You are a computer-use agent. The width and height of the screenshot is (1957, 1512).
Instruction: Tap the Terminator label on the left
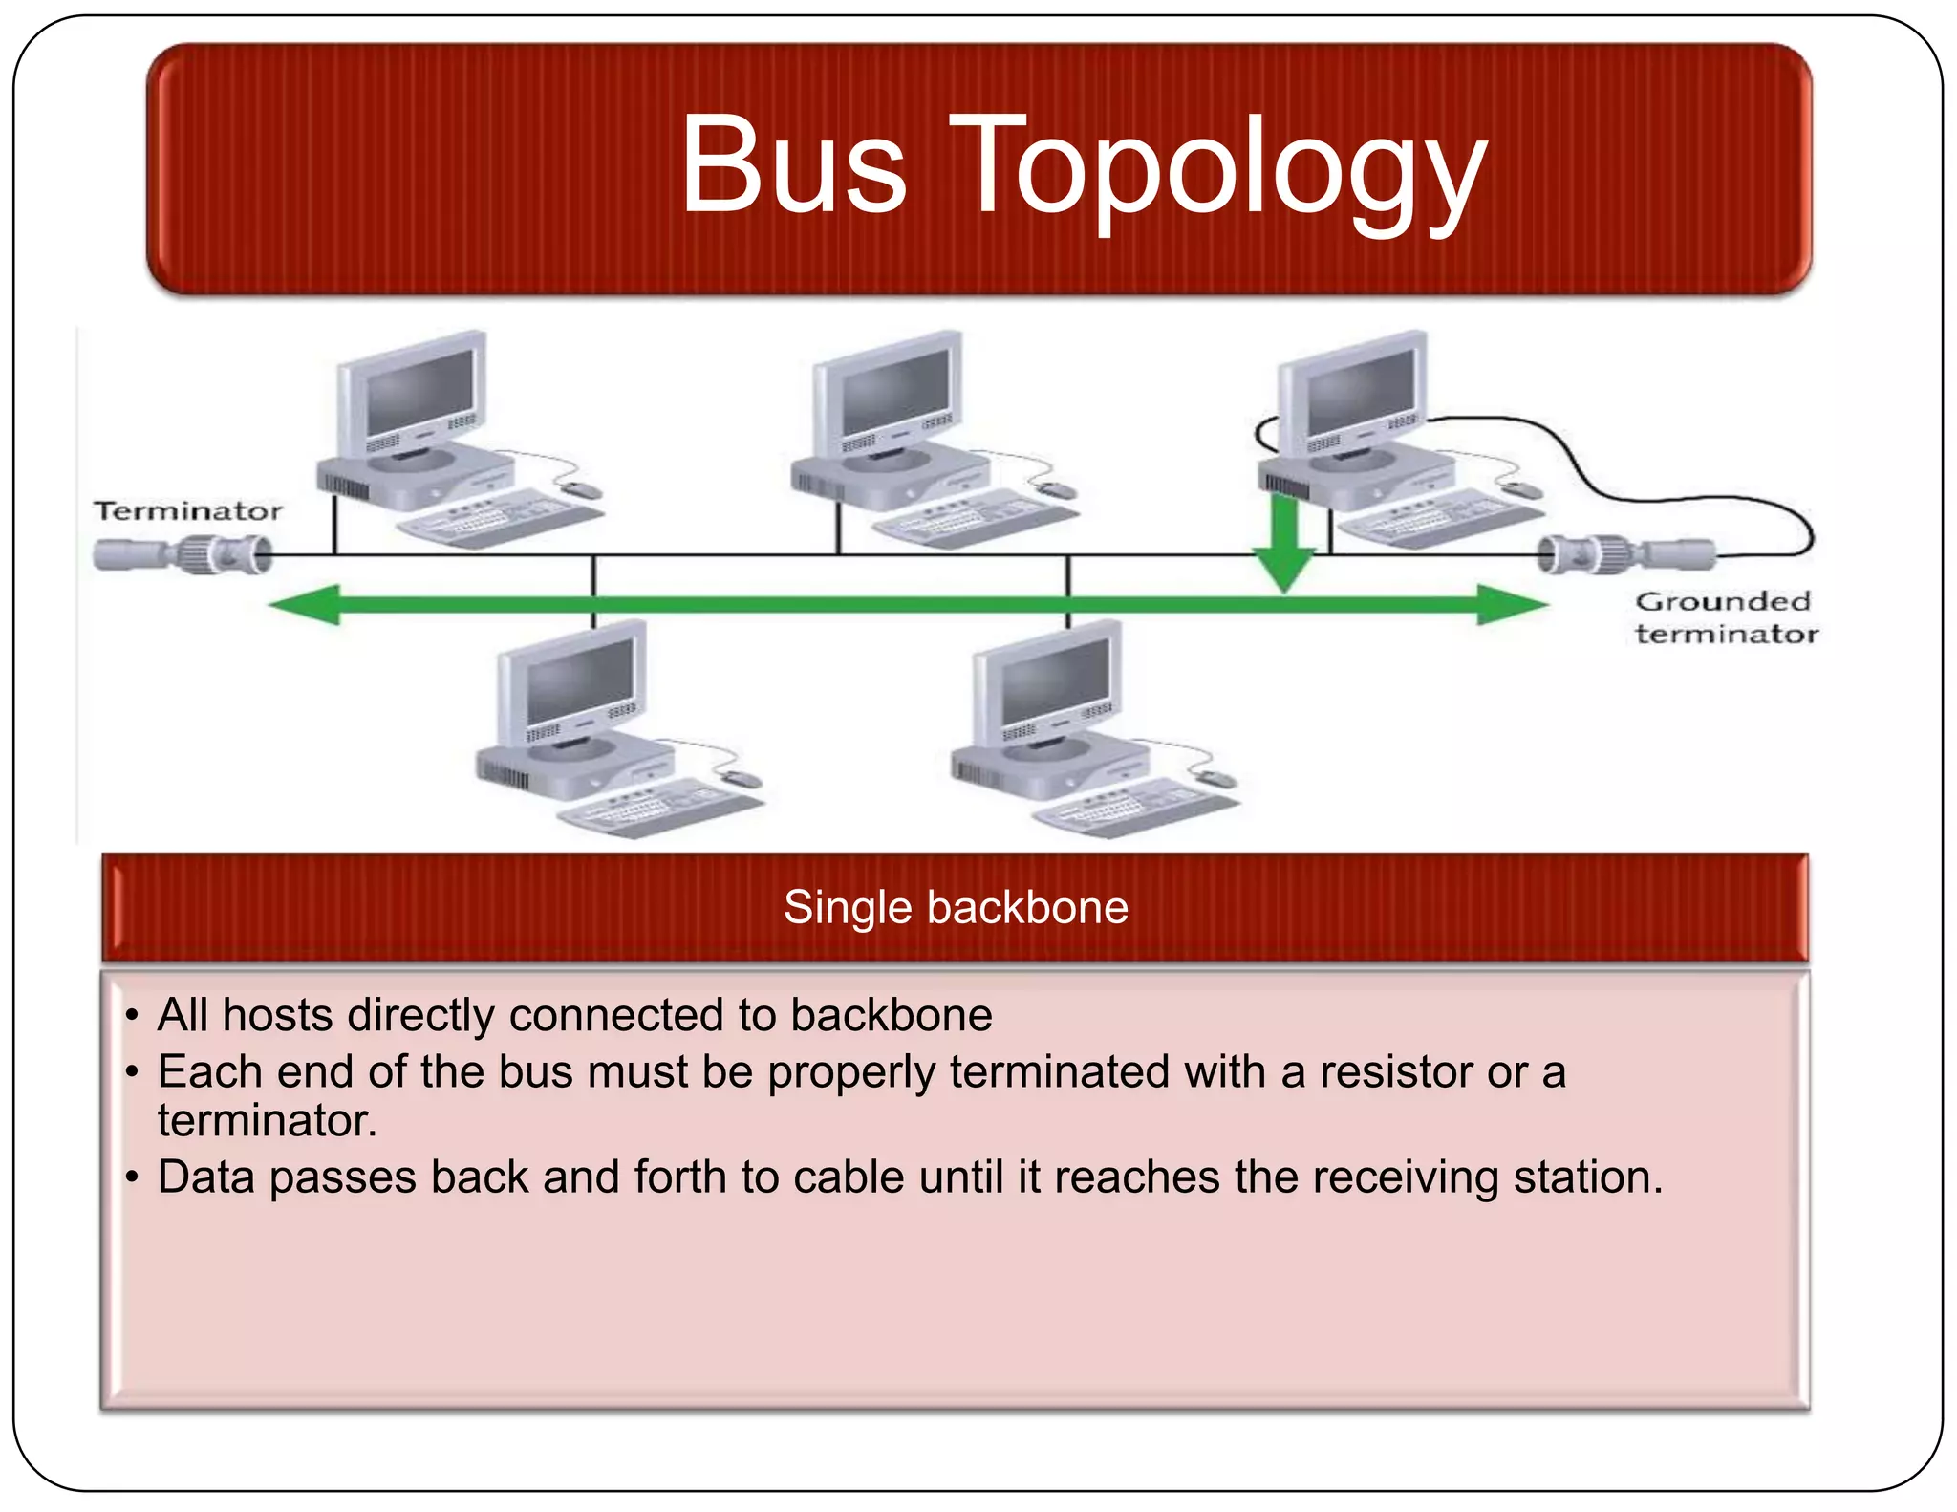pyautogui.click(x=188, y=511)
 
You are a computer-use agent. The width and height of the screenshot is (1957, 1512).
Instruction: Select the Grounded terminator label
pyautogui.click(x=1725, y=617)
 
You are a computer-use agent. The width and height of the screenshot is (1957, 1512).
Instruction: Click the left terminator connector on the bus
pyautogui.click(x=182, y=554)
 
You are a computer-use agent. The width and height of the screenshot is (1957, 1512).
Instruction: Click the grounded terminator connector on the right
pyautogui.click(x=1624, y=553)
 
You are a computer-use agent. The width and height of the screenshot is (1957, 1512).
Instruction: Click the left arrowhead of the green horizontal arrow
pyautogui.click(x=306, y=604)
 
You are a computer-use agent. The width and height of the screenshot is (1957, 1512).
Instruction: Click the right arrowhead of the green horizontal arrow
pyautogui.click(x=1510, y=604)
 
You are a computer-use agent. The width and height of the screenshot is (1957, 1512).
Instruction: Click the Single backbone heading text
pyautogui.click(x=955, y=907)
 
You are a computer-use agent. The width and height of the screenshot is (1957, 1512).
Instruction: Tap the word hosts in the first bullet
pyautogui.click(x=277, y=1015)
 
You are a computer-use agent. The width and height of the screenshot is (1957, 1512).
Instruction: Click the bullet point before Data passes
pyautogui.click(x=133, y=1177)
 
